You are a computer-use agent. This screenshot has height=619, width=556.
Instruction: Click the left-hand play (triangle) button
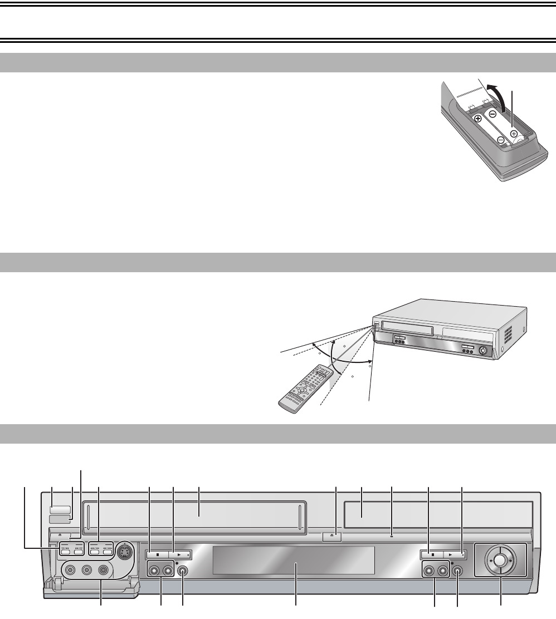click(180, 554)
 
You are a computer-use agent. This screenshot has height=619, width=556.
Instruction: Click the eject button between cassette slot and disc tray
click(332, 537)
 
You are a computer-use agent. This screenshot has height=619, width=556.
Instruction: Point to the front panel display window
click(294, 560)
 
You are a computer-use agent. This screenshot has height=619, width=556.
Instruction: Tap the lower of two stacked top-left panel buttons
click(60, 519)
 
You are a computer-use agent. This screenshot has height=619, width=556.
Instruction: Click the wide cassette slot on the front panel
click(193, 516)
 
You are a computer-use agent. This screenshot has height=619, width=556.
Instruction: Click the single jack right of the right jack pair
click(457, 570)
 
